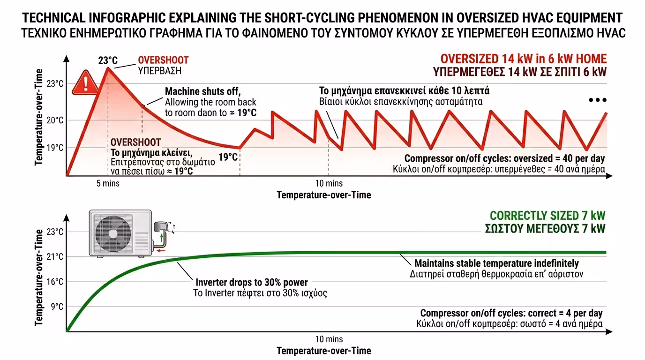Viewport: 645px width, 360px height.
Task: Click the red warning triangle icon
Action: (x=86, y=82)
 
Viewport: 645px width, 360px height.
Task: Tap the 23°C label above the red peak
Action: (x=108, y=60)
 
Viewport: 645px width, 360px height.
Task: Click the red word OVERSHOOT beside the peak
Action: (x=163, y=60)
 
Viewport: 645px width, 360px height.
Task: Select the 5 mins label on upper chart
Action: (x=108, y=183)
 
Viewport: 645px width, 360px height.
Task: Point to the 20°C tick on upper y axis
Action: (x=54, y=120)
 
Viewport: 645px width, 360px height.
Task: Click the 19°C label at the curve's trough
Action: (x=228, y=157)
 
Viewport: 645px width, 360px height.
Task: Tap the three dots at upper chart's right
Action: (x=598, y=100)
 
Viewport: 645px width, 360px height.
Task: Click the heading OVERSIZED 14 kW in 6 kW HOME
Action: (x=524, y=59)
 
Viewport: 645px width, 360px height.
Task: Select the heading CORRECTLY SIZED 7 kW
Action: (x=547, y=216)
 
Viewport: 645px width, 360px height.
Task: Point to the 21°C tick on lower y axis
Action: (x=54, y=256)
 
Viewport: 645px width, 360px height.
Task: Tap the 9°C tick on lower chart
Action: (x=57, y=307)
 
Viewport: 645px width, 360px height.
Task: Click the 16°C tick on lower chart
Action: (x=54, y=282)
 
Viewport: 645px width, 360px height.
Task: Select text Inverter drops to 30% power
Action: (x=251, y=282)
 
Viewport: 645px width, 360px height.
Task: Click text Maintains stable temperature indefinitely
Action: (x=496, y=263)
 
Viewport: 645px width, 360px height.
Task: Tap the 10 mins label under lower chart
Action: (x=329, y=339)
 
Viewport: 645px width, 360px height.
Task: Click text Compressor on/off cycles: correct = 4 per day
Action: (x=511, y=313)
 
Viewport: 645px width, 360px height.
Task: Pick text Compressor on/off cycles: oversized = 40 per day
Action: (x=504, y=158)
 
